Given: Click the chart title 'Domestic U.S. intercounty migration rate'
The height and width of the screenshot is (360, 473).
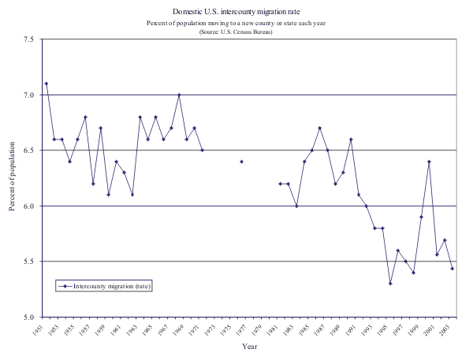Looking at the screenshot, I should point(236,12).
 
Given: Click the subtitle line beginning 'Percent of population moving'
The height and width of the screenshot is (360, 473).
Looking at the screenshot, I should point(236,23).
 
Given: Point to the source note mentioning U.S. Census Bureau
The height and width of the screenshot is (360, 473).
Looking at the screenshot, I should point(236,32).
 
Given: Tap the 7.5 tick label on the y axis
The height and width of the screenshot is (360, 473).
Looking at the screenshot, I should point(29,39).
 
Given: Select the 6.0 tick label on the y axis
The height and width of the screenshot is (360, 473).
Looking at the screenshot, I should point(29,206).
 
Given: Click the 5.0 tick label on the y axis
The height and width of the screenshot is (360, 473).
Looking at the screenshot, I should point(29,317).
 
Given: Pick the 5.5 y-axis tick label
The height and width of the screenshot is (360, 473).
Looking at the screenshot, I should point(29,262).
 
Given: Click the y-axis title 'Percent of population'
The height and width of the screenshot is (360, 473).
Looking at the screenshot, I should point(12,178).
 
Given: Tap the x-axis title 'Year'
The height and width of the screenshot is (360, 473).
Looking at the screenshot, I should point(249,347).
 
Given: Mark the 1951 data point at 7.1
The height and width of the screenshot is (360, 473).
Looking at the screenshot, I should point(47,84).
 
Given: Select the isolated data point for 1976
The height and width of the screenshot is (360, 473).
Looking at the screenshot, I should point(241,161).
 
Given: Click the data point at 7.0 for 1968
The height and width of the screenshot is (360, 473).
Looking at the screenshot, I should point(179,95).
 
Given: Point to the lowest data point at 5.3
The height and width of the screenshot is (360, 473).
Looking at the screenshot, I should point(390,284).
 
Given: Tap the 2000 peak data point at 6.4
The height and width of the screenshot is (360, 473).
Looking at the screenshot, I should point(429,161).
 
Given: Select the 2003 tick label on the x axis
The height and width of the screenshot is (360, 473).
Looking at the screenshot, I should point(446,331).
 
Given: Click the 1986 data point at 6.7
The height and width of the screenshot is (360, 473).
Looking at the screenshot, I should point(319,128).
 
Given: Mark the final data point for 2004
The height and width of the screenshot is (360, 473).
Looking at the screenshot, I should point(452,269).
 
